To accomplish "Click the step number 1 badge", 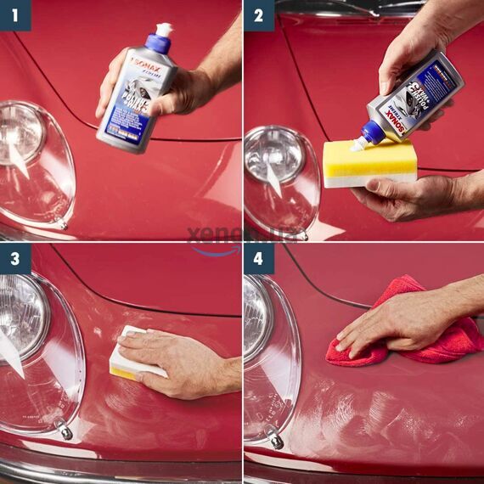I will pyautogui.click(x=14, y=14).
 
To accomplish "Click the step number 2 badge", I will pyautogui.click(x=258, y=14).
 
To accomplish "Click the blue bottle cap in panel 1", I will pyautogui.click(x=159, y=43).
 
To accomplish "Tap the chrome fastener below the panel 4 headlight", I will pyautogui.click(x=274, y=439).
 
